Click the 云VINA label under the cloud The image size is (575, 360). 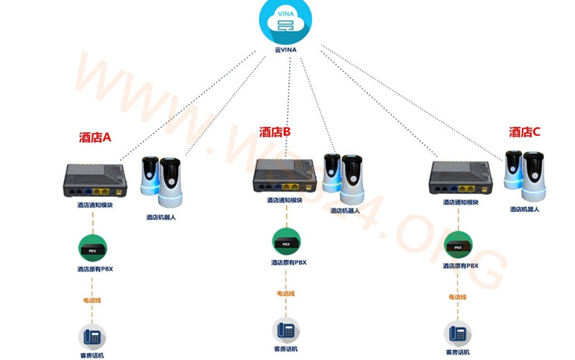click(285, 50)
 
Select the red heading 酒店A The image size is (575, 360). click(95, 137)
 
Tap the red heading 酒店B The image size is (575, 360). click(275, 132)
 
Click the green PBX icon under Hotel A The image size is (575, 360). click(92, 249)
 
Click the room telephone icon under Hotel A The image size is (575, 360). click(92, 337)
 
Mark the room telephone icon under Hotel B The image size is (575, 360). click(285, 331)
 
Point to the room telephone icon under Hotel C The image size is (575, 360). click(458, 333)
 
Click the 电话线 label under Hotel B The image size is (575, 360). click(285, 293)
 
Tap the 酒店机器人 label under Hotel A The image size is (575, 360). click(161, 217)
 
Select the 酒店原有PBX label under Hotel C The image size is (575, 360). click(460, 266)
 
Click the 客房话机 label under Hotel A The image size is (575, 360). click(92, 355)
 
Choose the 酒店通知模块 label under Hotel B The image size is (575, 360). click(284, 201)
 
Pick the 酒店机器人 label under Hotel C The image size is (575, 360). click(524, 209)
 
